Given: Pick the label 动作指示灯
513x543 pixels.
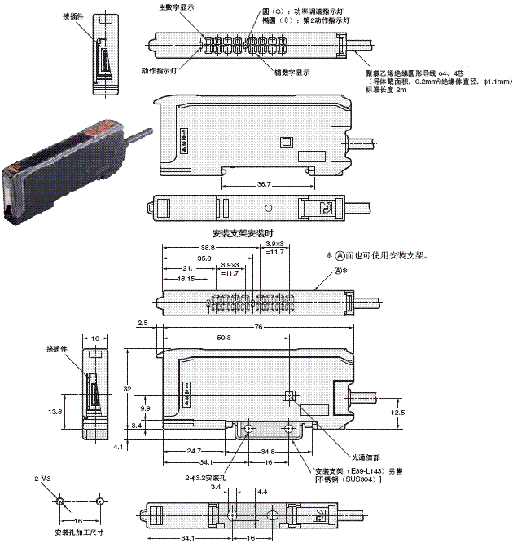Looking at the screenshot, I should pos(160,70).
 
